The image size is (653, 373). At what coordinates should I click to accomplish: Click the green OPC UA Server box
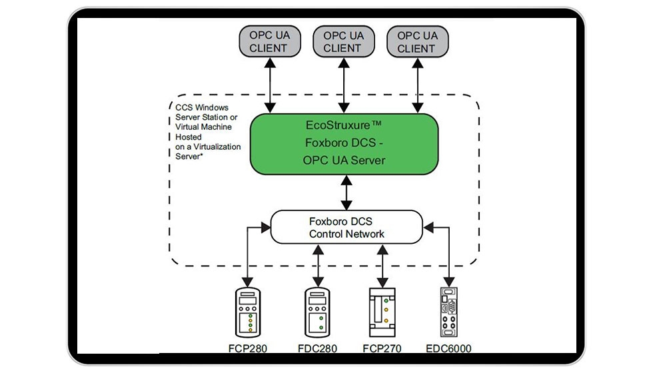(x=344, y=143)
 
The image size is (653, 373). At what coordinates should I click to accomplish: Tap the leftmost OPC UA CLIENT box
(x=268, y=41)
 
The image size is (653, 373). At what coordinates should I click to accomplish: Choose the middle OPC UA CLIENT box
(x=342, y=41)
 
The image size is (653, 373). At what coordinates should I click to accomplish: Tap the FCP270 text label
(x=382, y=348)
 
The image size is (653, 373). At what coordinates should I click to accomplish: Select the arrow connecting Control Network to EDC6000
(x=448, y=256)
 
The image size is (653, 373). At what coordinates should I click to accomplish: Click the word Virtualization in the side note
(x=217, y=147)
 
